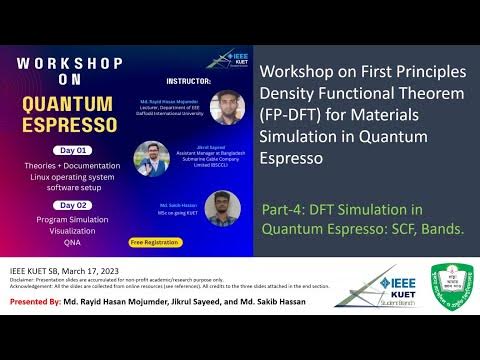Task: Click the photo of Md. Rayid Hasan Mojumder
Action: click(x=227, y=107)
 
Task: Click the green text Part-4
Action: click(x=285, y=209)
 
